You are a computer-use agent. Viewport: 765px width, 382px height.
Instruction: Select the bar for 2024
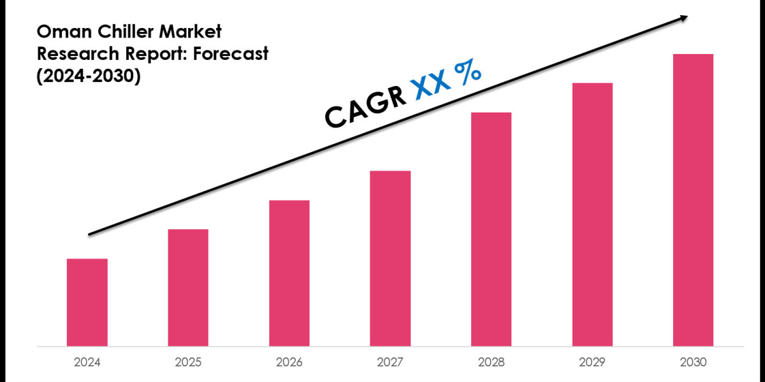tap(87, 302)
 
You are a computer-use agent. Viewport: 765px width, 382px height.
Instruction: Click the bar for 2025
tap(188, 288)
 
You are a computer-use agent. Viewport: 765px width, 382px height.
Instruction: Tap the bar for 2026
tap(289, 273)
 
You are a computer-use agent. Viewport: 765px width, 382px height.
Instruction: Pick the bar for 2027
tap(390, 258)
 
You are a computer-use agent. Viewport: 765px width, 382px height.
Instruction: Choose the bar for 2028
tap(491, 229)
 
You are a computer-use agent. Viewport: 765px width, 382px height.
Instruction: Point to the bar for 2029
tap(592, 215)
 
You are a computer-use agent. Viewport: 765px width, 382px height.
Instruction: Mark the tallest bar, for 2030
tap(693, 200)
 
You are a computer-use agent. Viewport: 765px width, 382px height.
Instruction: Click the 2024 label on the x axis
tap(87, 362)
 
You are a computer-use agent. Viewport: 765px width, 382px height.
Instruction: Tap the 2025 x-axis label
tap(188, 362)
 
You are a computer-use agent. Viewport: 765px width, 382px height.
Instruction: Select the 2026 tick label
tap(289, 362)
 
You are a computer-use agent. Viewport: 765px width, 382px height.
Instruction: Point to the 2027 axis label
tap(390, 362)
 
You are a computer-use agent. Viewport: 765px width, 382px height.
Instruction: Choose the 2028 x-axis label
tap(491, 362)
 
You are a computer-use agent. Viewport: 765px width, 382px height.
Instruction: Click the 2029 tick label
tap(592, 362)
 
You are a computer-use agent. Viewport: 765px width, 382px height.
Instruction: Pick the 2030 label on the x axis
tap(693, 362)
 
